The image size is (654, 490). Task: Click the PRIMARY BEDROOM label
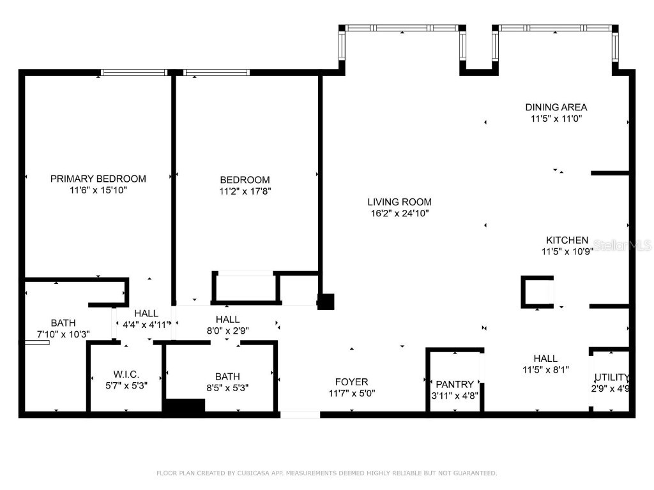pyautogui.click(x=98, y=179)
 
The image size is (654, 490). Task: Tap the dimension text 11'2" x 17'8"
pyautogui.click(x=245, y=191)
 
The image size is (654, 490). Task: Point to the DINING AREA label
pyautogui.click(x=556, y=107)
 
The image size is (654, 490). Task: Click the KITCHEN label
pyautogui.click(x=567, y=240)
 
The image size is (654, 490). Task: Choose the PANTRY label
pyautogui.click(x=455, y=384)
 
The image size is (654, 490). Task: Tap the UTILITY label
pyautogui.click(x=611, y=377)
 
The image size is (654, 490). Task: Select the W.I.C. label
pyautogui.click(x=125, y=374)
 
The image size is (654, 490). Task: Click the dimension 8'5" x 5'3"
pyautogui.click(x=227, y=387)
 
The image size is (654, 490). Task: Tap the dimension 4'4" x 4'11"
pyautogui.click(x=146, y=324)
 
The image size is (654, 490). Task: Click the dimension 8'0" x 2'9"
pyautogui.click(x=227, y=330)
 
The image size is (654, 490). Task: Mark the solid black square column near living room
pyautogui.click(x=326, y=302)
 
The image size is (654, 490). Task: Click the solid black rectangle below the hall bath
pyautogui.click(x=185, y=406)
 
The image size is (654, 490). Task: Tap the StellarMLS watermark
pyautogui.click(x=622, y=245)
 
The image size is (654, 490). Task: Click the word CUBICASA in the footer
pyautogui.click(x=253, y=473)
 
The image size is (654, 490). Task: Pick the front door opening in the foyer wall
pyautogui.click(x=300, y=415)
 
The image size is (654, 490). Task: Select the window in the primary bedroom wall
pyautogui.click(x=134, y=73)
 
